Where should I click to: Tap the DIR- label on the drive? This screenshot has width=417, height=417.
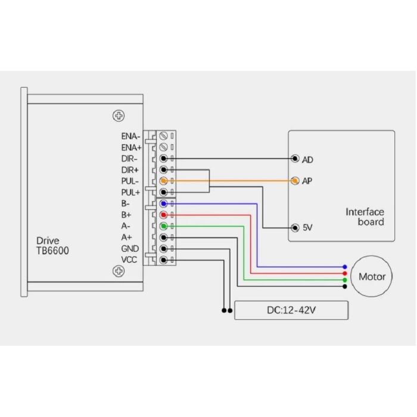point(129,158)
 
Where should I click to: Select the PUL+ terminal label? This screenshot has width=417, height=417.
point(130,192)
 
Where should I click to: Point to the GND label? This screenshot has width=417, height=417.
point(130,248)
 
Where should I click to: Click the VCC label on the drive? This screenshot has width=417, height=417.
point(130,260)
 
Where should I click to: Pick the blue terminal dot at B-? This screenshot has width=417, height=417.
point(163,204)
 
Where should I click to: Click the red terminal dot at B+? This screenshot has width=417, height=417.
point(163,215)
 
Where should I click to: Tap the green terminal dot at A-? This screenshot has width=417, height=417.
point(163,226)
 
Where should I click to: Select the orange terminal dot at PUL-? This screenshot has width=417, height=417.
point(163,181)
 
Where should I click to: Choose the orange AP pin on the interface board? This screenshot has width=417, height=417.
point(294,181)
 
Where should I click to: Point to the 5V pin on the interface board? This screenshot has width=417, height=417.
point(294,228)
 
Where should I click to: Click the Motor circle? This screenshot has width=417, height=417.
point(372,276)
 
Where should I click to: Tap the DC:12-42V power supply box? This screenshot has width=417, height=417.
point(291,310)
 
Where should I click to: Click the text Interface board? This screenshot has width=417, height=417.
point(365,217)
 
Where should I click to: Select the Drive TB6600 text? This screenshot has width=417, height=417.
point(52,245)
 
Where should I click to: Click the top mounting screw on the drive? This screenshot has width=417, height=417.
point(119,116)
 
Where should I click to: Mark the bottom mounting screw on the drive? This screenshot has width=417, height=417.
point(119,272)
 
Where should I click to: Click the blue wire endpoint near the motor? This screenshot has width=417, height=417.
point(345,267)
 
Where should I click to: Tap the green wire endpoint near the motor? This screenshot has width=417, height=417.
point(345,280)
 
